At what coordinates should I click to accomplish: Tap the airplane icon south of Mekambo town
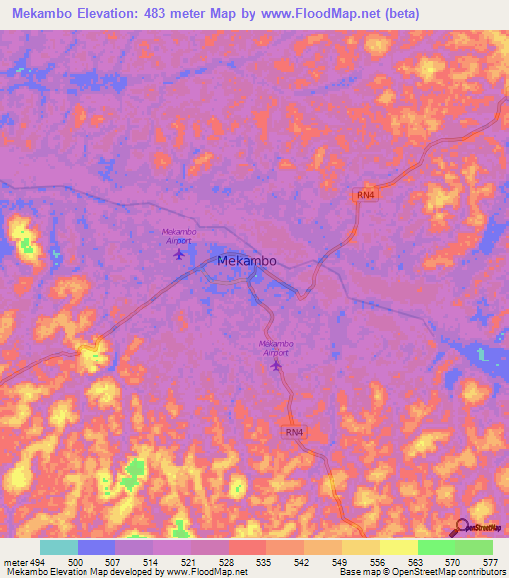pos(276,365)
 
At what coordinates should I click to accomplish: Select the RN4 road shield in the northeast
pos(366,195)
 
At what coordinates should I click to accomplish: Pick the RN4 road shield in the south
pos(293,432)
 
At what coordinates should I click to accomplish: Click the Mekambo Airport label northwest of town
pos(179,236)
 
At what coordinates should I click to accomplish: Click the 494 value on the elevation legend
pos(38,562)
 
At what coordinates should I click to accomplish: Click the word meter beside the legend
pos(14,562)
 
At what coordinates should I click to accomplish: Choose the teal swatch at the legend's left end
pos(59,547)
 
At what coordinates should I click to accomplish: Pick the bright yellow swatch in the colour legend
pos(398,547)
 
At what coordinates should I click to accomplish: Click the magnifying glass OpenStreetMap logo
pos(461,527)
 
